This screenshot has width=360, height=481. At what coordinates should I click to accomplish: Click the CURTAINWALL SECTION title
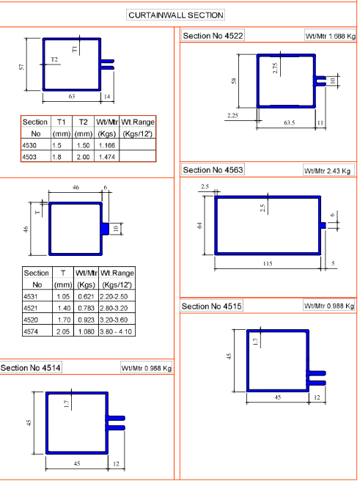click(x=176, y=15)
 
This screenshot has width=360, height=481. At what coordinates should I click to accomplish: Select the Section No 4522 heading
click(x=213, y=36)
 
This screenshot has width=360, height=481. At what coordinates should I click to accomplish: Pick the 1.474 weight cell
click(x=107, y=157)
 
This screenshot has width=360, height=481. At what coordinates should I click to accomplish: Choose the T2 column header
click(x=83, y=122)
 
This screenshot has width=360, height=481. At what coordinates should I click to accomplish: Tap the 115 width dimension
click(x=268, y=263)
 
